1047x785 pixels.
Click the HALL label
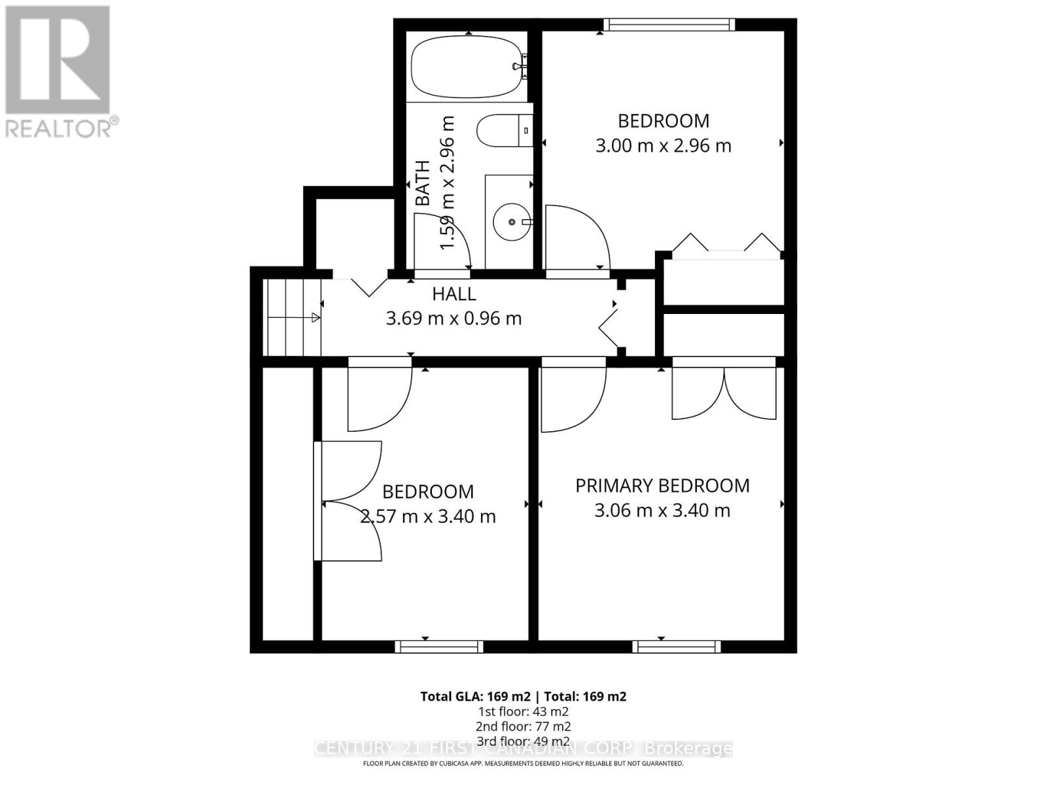[x=453, y=294]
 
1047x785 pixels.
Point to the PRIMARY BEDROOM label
[x=662, y=486]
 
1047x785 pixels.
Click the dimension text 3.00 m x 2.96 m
[x=663, y=145]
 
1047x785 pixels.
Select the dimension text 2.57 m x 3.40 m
[x=428, y=516]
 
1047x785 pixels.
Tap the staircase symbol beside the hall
[x=293, y=318]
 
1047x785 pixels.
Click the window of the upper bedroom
[x=669, y=25]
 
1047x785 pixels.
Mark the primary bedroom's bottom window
[x=676, y=646]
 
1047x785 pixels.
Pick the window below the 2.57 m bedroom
[x=439, y=646]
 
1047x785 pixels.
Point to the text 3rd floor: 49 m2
[x=523, y=741]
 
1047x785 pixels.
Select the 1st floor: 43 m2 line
[x=523, y=711]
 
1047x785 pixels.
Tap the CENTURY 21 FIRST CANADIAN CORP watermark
[x=523, y=748]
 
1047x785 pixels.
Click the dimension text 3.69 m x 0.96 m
[x=453, y=319]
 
